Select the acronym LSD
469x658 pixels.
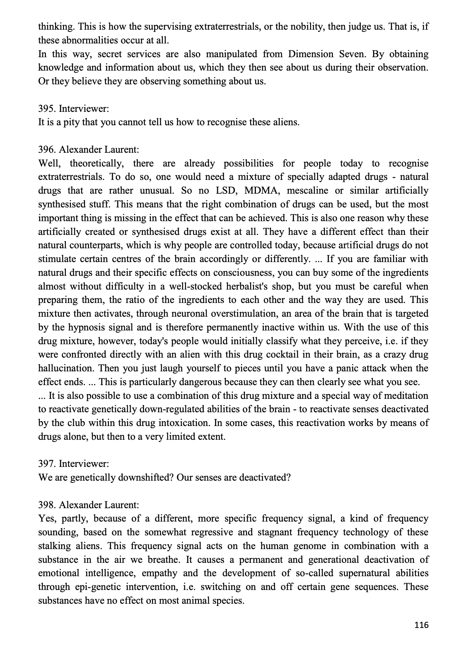coord(226,190)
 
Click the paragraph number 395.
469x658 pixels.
coord(47,108)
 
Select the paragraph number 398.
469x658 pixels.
coord(47,505)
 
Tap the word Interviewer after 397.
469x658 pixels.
coord(84,464)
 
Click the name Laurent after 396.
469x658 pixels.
coord(121,149)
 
